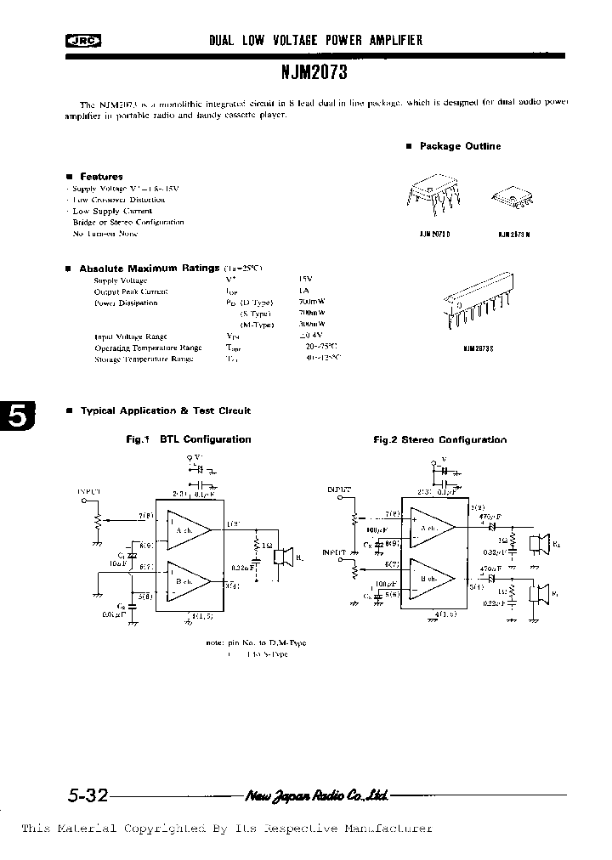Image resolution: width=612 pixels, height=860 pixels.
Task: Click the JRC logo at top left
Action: point(84,41)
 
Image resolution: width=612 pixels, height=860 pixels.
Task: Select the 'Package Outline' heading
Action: point(460,146)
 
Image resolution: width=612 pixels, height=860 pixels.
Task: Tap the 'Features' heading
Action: point(100,177)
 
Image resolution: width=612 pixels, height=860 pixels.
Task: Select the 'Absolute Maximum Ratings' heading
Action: point(149,268)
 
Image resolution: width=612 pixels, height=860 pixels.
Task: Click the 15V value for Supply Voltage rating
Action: point(305,280)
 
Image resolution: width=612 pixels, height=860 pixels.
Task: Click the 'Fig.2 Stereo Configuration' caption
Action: point(439,439)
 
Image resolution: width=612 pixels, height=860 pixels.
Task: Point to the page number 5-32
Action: point(87,796)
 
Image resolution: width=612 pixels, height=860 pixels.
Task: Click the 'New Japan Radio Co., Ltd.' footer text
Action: point(316,796)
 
